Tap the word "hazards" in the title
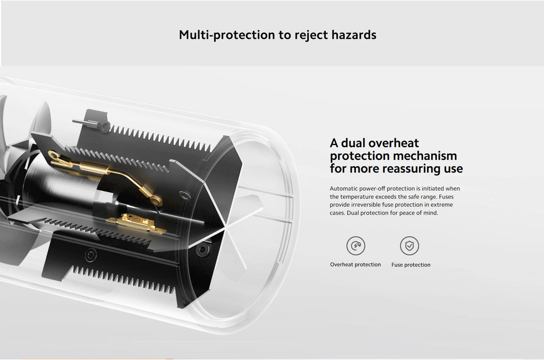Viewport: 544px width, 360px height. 353,35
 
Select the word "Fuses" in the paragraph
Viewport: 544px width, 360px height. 446,196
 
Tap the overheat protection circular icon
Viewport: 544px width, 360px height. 355,245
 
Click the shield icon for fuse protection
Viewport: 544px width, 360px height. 410,245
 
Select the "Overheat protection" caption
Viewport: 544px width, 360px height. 355,264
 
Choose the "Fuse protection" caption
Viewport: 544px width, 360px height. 411,264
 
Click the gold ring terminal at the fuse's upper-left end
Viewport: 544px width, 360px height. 54,156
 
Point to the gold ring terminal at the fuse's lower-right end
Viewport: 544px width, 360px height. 156,200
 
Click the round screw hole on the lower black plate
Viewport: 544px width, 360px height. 90,255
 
